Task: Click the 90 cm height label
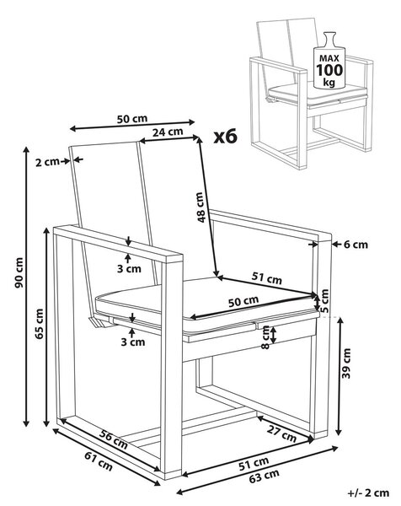(x=19, y=272)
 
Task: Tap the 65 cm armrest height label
(x=40, y=323)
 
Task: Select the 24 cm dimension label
(x=168, y=132)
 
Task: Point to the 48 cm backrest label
(x=200, y=207)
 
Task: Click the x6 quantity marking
(x=226, y=137)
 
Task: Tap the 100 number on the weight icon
(x=329, y=70)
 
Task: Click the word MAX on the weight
(x=329, y=58)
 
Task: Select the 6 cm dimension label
(x=356, y=245)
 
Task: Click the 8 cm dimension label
(x=265, y=336)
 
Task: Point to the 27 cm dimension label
(x=281, y=433)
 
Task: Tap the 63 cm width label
(x=264, y=476)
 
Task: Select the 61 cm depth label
(x=99, y=461)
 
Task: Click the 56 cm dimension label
(x=113, y=439)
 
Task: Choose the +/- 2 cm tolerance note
(x=368, y=493)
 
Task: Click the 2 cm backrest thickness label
(x=47, y=162)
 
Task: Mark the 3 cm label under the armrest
(x=129, y=268)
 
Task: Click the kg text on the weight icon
(x=329, y=83)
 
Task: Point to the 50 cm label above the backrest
(x=132, y=119)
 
